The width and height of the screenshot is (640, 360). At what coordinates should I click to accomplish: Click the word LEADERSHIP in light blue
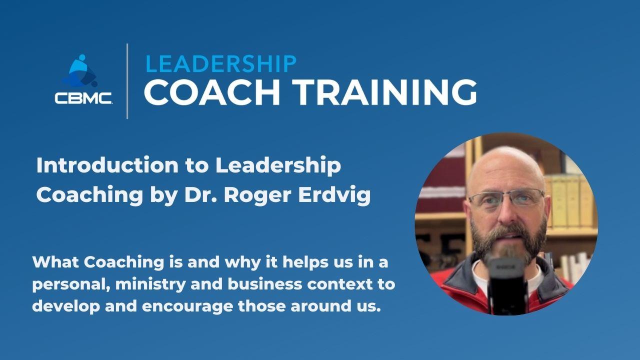click(221, 63)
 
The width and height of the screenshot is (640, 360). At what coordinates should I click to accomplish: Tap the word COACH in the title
click(212, 92)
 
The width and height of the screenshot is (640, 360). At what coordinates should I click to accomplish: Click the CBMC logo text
click(83, 98)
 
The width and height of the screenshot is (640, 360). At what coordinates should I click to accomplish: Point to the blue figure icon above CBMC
click(80, 71)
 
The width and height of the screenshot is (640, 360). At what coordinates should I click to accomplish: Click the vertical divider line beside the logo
click(127, 81)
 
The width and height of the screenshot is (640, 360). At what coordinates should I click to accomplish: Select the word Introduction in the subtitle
click(107, 165)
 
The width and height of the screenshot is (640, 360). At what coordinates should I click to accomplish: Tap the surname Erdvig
click(334, 196)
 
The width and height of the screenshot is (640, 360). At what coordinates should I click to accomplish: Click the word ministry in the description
click(150, 284)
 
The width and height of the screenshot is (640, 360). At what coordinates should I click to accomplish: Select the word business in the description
click(265, 284)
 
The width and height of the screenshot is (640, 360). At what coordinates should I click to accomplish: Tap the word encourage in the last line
click(187, 307)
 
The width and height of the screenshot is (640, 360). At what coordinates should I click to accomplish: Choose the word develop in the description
click(66, 306)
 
